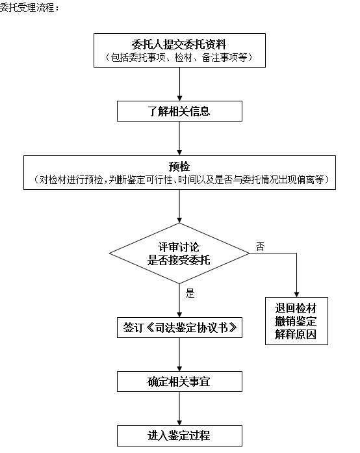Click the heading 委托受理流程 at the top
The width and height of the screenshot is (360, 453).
click(29, 7)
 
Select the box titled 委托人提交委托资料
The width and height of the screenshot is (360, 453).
click(179, 50)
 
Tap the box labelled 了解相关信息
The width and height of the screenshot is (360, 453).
click(179, 111)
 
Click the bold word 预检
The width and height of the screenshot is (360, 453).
click(179, 166)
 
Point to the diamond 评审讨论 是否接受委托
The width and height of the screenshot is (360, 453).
click(179, 253)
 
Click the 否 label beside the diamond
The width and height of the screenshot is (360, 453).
click(260, 246)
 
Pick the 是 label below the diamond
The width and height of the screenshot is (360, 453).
click(190, 293)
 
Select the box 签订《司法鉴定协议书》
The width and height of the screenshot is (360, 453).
click(179, 328)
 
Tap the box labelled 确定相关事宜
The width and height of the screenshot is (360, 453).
click(179, 382)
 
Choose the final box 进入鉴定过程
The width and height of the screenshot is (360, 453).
click(179, 435)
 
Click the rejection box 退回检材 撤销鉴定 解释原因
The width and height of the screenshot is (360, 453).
click(296, 321)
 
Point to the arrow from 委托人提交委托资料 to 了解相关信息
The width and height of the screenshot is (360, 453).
click(179, 84)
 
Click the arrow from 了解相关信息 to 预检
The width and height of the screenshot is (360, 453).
click(179, 138)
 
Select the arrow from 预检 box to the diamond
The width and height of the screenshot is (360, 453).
click(179, 206)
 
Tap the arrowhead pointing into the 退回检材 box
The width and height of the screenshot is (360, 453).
click(296, 294)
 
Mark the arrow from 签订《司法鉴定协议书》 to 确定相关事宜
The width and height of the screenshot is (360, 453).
click(179, 354)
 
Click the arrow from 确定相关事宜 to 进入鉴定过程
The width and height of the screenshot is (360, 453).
click(179, 409)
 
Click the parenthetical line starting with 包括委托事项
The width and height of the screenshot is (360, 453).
click(179, 57)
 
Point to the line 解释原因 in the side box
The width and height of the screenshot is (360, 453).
click(296, 334)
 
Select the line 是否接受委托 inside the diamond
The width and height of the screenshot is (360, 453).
click(179, 260)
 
